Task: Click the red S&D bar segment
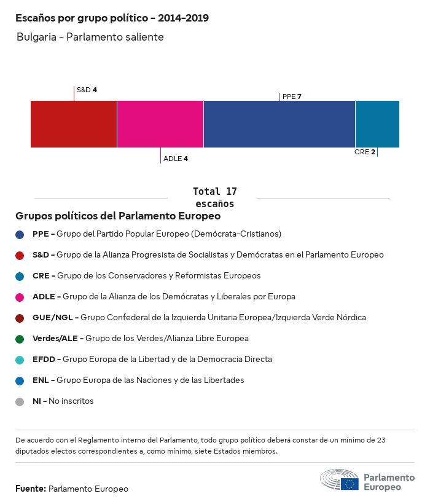coord(74,124)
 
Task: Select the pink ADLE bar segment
coord(160,124)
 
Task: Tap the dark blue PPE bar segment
coord(279,124)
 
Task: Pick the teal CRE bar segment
coord(377,124)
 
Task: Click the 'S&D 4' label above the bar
coord(87,90)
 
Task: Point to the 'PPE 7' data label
coord(292,96)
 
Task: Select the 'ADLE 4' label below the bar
coord(176,159)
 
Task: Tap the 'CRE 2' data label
coord(365,152)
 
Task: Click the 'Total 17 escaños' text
coord(214,197)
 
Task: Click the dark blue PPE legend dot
coord(20,234)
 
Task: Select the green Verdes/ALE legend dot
coord(20,339)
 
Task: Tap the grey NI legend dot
coord(20,401)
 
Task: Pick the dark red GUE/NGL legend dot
coord(20,318)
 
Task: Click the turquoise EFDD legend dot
coord(20,360)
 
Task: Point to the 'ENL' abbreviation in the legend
coord(41,380)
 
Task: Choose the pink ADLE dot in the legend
coord(20,297)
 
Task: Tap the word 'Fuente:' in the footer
coord(31,489)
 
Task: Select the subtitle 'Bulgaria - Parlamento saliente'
coord(90,37)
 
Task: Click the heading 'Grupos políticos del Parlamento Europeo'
coord(118,216)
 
